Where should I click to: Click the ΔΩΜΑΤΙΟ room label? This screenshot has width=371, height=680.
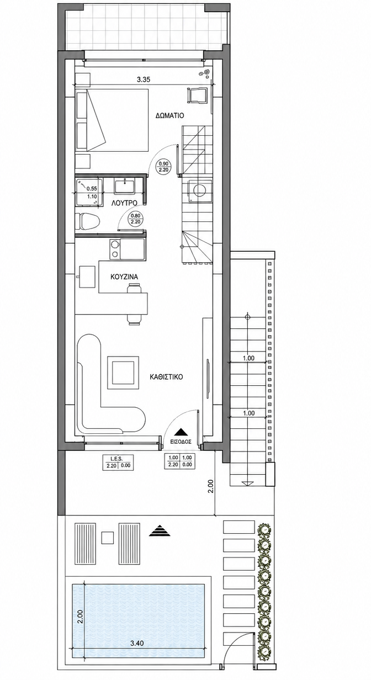[169, 115]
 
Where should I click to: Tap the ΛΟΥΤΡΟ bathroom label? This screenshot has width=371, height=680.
[124, 203]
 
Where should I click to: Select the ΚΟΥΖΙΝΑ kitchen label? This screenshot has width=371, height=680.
[124, 277]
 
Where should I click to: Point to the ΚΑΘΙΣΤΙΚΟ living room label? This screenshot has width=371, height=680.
[166, 377]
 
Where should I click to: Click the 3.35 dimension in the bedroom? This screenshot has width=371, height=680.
[144, 80]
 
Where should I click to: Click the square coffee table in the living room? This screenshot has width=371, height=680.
[123, 372]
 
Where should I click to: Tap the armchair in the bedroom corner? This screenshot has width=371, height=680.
[197, 95]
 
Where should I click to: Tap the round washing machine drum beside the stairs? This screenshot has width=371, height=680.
[200, 190]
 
